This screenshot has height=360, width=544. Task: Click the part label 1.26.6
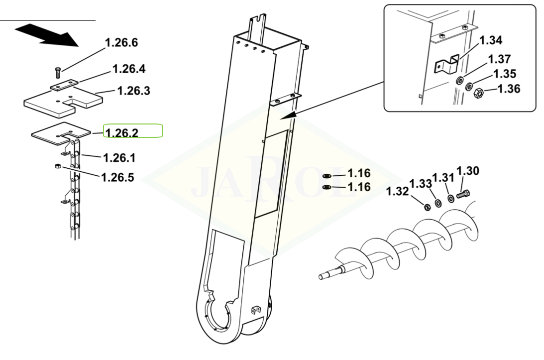click(x=121, y=43)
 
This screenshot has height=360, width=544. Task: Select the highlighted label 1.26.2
click(x=122, y=132)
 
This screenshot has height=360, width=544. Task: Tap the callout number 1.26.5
click(x=117, y=177)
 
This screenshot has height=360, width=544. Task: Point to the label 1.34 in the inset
click(x=491, y=40)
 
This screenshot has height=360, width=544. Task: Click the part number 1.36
click(x=509, y=89)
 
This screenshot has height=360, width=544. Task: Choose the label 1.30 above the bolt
click(x=468, y=171)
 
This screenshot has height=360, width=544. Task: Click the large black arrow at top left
click(x=47, y=35)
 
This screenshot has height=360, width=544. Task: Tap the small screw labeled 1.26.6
click(x=58, y=73)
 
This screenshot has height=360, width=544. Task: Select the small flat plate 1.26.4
click(x=64, y=84)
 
